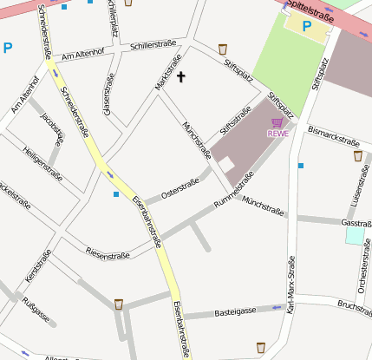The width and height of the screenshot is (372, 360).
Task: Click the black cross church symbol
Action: (x=181, y=77)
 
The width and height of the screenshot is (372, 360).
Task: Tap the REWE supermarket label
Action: (x=277, y=134)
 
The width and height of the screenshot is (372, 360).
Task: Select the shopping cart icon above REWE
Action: (x=277, y=123)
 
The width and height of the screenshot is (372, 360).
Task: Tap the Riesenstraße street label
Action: (x=108, y=254)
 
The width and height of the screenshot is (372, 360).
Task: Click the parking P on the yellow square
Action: (x=306, y=26)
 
